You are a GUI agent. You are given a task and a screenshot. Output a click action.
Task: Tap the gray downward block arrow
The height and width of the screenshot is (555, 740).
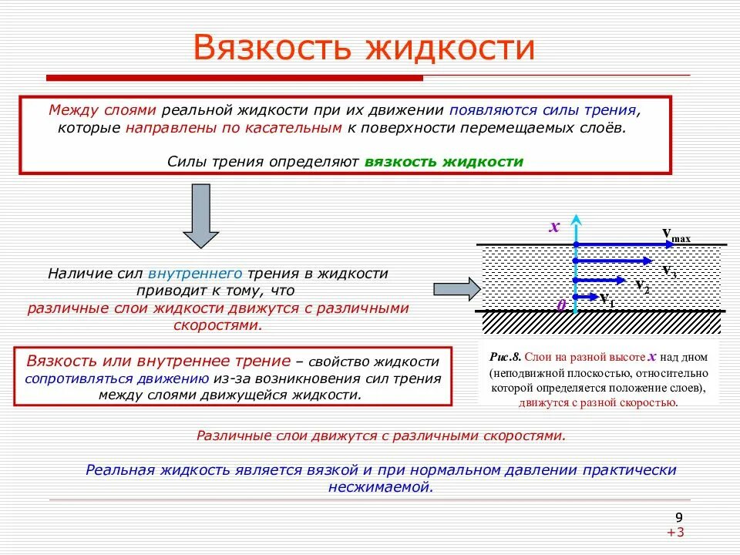pyautogui.click(x=201, y=216)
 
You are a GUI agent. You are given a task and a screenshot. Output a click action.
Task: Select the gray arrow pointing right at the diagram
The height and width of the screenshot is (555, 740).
pyautogui.click(x=456, y=289)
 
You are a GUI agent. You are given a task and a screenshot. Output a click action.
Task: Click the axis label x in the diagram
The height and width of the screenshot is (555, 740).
pyautogui.click(x=553, y=227)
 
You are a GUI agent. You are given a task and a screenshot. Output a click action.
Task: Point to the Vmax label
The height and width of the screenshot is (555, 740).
pyautogui.click(x=676, y=234)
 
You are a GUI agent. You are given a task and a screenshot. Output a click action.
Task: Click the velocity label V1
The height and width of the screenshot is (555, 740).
pyautogui.click(x=607, y=300)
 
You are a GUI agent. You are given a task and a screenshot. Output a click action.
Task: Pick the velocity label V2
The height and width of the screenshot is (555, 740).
pyautogui.click(x=642, y=286)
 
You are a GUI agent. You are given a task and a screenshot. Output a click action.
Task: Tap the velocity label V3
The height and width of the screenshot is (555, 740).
pyautogui.click(x=669, y=271)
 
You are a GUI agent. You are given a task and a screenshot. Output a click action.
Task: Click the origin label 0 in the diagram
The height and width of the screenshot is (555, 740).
pyautogui.click(x=561, y=305)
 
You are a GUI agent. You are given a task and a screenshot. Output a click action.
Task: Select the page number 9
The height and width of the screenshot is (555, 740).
pyautogui.click(x=678, y=517)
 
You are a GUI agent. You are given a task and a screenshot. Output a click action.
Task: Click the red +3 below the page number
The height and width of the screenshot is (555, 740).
pyautogui.click(x=676, y=533)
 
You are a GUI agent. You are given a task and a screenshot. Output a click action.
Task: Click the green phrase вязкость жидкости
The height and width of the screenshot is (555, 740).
pyautogui.click(x=444, y=162)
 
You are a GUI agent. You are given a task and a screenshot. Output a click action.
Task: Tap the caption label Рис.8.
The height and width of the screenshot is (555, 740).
pyautogui.click(x=506, y=358)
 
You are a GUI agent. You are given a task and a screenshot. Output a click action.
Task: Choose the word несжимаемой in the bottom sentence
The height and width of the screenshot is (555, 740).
pyautogui.click(x=381, y=487)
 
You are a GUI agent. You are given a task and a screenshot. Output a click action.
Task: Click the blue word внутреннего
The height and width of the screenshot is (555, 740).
pyautogui.click(x=197, y=274)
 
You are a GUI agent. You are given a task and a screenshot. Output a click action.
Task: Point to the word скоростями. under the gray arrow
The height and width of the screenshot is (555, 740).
pyautogui.click(x=217, y=325)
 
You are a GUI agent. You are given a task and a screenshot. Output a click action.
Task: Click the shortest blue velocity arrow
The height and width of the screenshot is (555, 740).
pyautogui.click(x=586, y=296)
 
